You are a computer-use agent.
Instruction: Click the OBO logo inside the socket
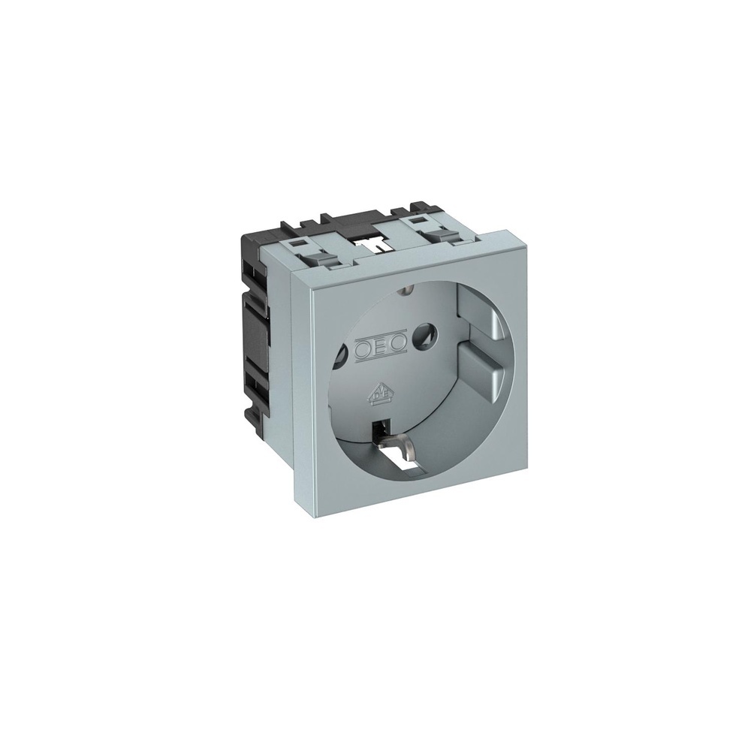click(380, 348)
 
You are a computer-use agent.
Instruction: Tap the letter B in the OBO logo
click(380, 348)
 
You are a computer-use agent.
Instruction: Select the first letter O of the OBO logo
click(363, 349)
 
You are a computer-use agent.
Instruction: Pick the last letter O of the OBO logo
click(397, 345)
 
